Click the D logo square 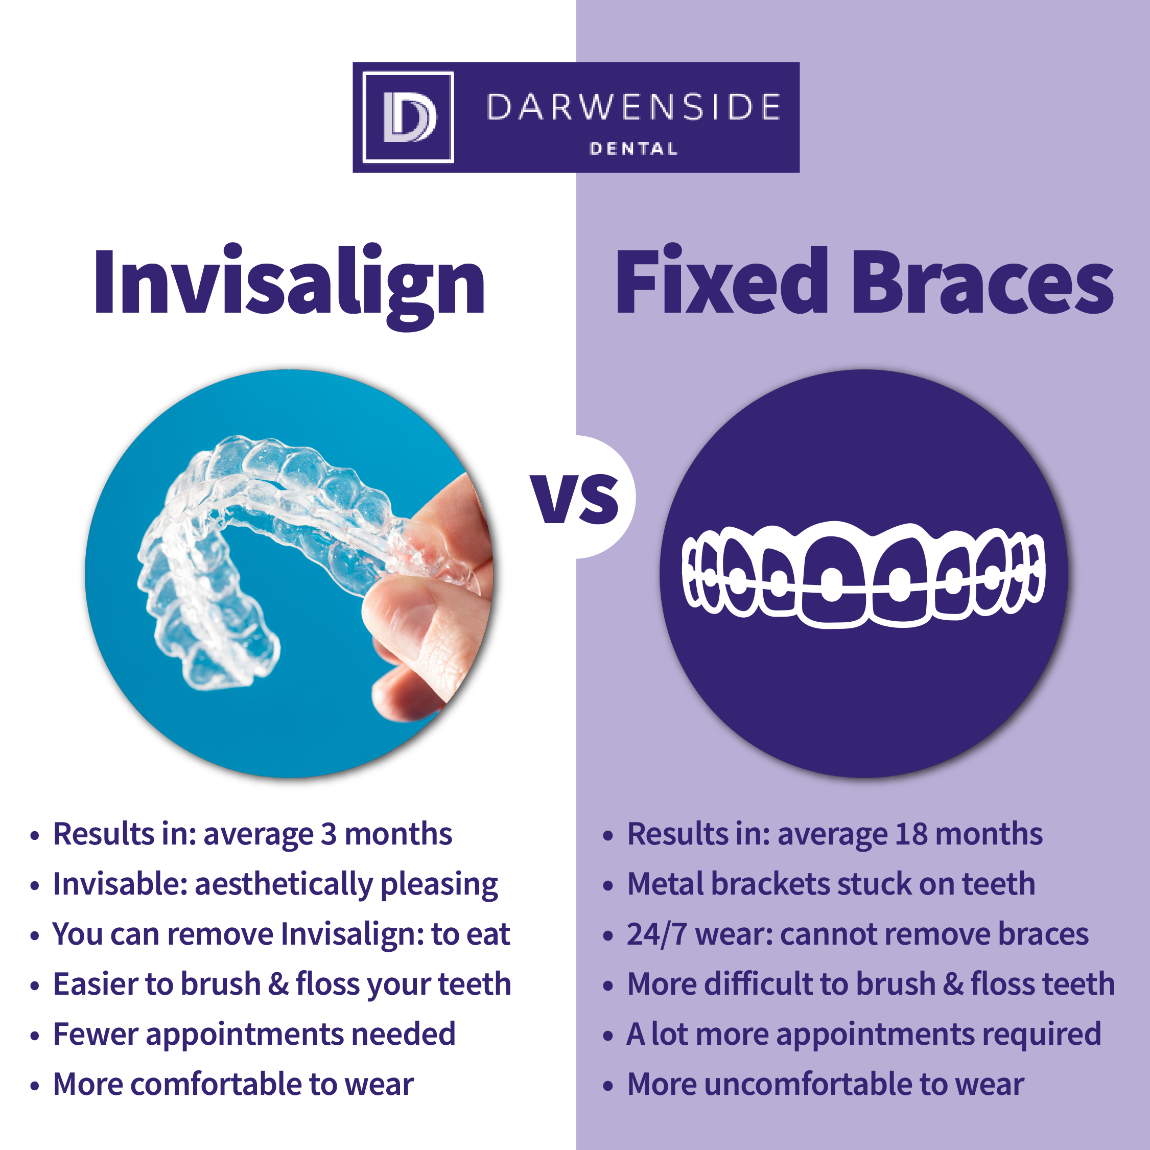pos(408,118)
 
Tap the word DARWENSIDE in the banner pos(633,107)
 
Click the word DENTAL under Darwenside pos(633,149)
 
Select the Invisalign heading pos(289,285)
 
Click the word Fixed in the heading pos(721,280)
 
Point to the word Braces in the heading pos(983,280)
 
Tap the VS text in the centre pos(576,498)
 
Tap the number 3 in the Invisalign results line pos(329,834)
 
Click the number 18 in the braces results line pos(911,834)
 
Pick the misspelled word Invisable pos(120,884)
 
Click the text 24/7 pos(657,934)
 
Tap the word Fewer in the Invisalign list pos(95,1035)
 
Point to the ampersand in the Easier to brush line pos(278,984)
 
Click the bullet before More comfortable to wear pos(35,1086)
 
